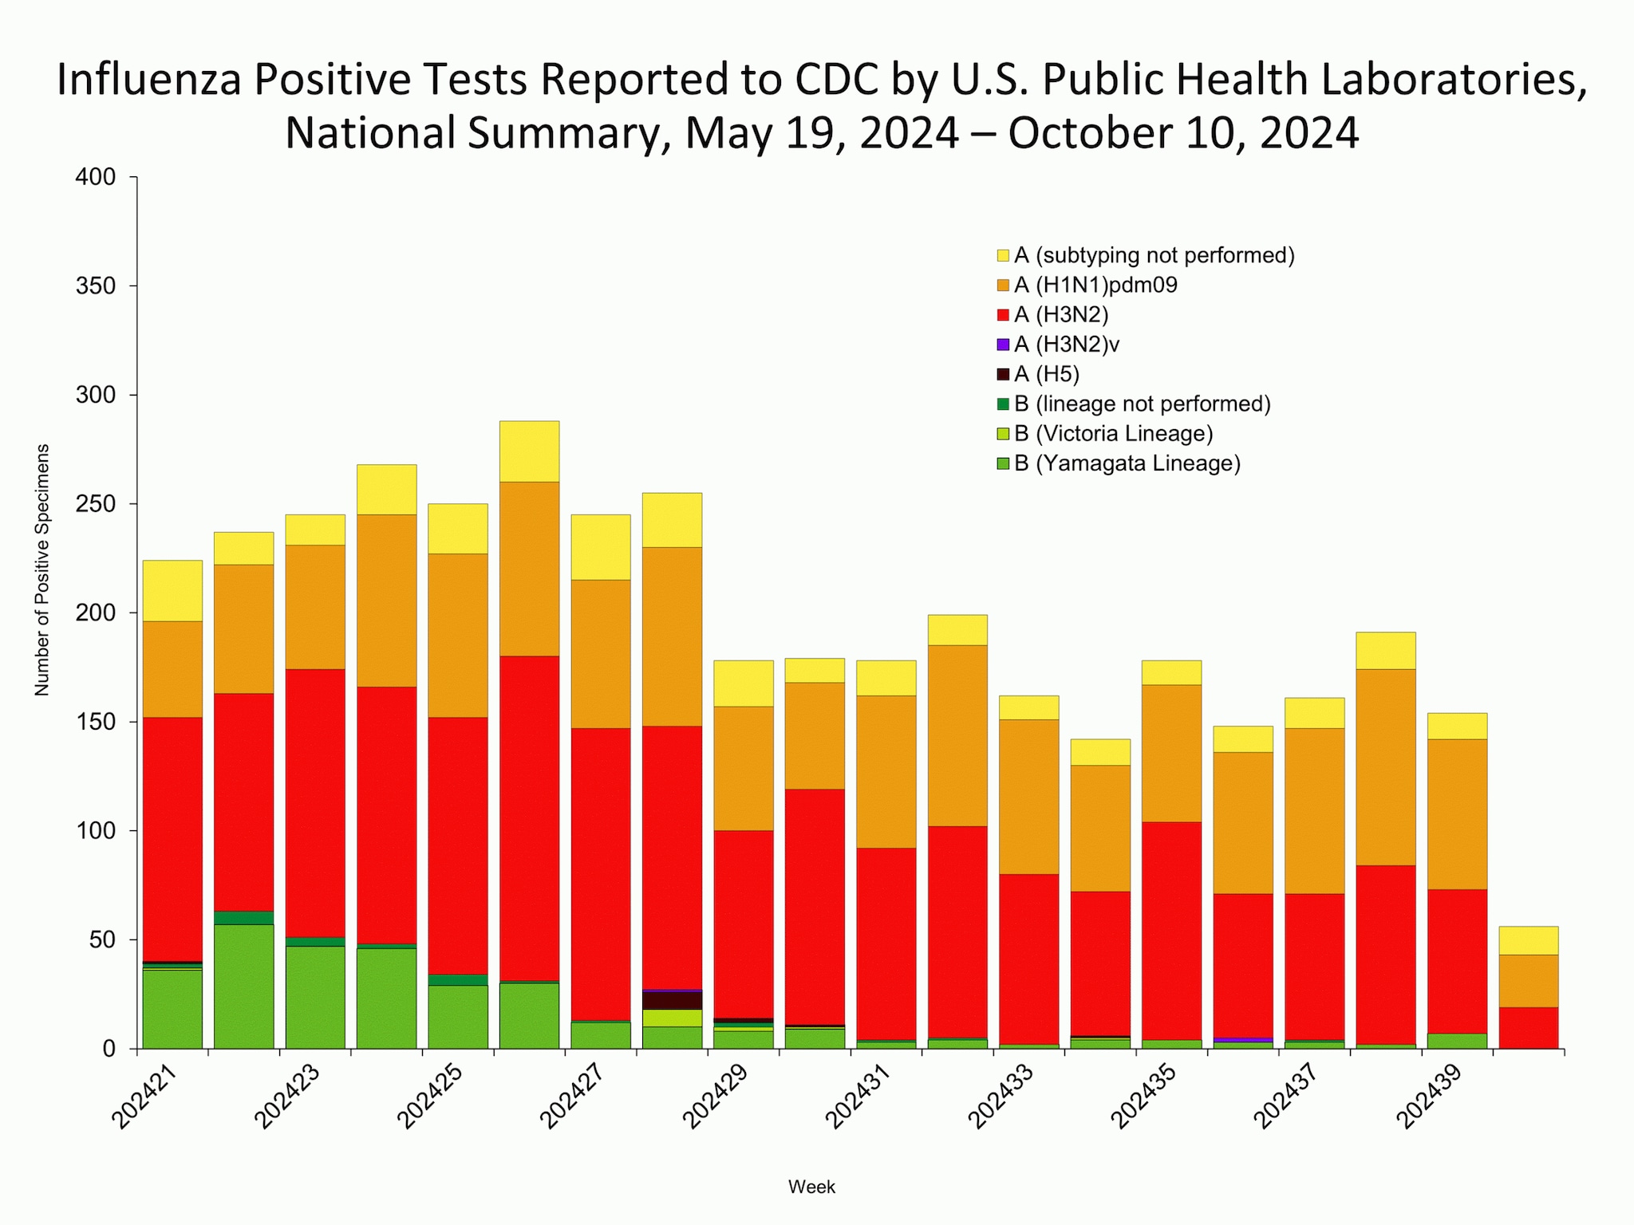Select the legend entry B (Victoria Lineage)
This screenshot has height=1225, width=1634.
coord(1113,434)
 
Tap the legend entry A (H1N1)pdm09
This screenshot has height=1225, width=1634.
coord(1095,285)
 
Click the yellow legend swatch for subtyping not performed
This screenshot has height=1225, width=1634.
coord(1003,255)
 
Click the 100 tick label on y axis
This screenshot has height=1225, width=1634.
coord(96,831)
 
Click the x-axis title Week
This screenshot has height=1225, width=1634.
coord(811,1187)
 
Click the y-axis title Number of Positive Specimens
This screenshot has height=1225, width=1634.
coord(42,569)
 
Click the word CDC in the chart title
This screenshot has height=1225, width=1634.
coord(841,81)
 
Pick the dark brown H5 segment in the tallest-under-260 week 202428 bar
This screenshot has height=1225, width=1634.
coord(672,1000)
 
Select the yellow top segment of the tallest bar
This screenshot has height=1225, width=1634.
coord(529,451)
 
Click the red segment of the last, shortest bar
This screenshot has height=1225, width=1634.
coord(1528,1027)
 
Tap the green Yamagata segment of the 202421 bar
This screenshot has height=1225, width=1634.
coord(172,1009)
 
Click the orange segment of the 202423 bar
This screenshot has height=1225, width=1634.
coord(315,606)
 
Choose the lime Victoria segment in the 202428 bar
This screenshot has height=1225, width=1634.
coord(672,1018)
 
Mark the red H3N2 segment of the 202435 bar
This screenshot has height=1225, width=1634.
coord(1170,930)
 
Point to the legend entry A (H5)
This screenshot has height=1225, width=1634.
coord(1046,374)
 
